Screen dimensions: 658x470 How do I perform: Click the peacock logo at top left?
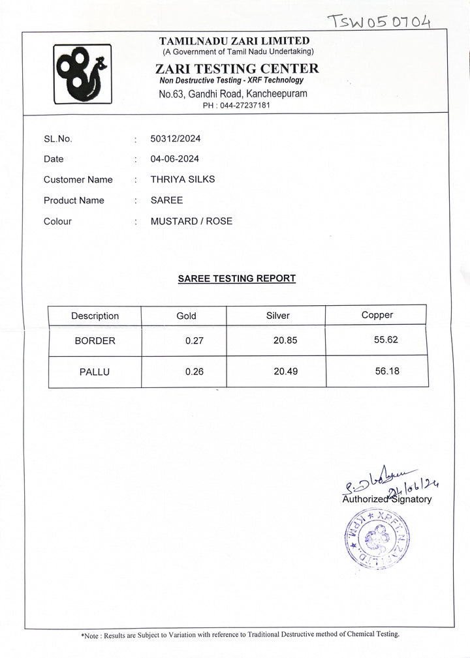tap(82, 74)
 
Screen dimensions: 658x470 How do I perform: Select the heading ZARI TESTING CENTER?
tap(237, 68)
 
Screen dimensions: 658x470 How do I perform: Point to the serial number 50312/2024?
tap(176, 138)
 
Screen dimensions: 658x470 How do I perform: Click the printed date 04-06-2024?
tap(174, 159)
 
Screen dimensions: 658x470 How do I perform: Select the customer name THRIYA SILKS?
tap(182, 179)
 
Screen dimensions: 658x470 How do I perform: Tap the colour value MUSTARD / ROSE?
tap(191, 221)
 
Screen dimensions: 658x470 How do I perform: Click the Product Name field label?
tap(74, 200)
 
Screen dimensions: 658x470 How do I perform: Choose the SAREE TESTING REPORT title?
tap(237, 278)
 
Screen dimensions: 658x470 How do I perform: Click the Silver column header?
tap(277, 316)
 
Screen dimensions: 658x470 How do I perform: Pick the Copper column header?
tap(377, 315)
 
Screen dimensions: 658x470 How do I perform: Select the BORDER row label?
tap(95, 340)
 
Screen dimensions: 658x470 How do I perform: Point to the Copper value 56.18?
tap(387, 371)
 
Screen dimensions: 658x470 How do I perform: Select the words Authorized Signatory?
tap(386, 500)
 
